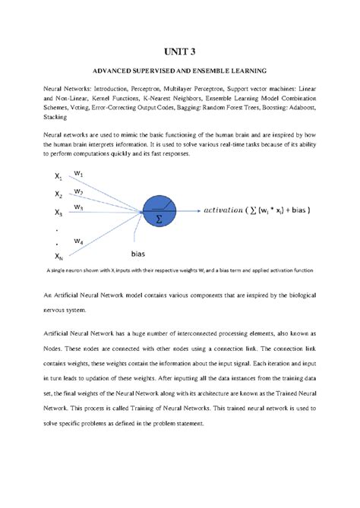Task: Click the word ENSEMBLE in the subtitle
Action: pyautogui.click(x=208, y=71)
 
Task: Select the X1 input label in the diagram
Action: pyautogui.click(x=58, y=176)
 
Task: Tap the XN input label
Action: pyautogui.click(x=58, y=257)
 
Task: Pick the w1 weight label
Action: pyautogui.click(x=79, y=173)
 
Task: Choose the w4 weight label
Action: pyautogui.click(x=79, y=242)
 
